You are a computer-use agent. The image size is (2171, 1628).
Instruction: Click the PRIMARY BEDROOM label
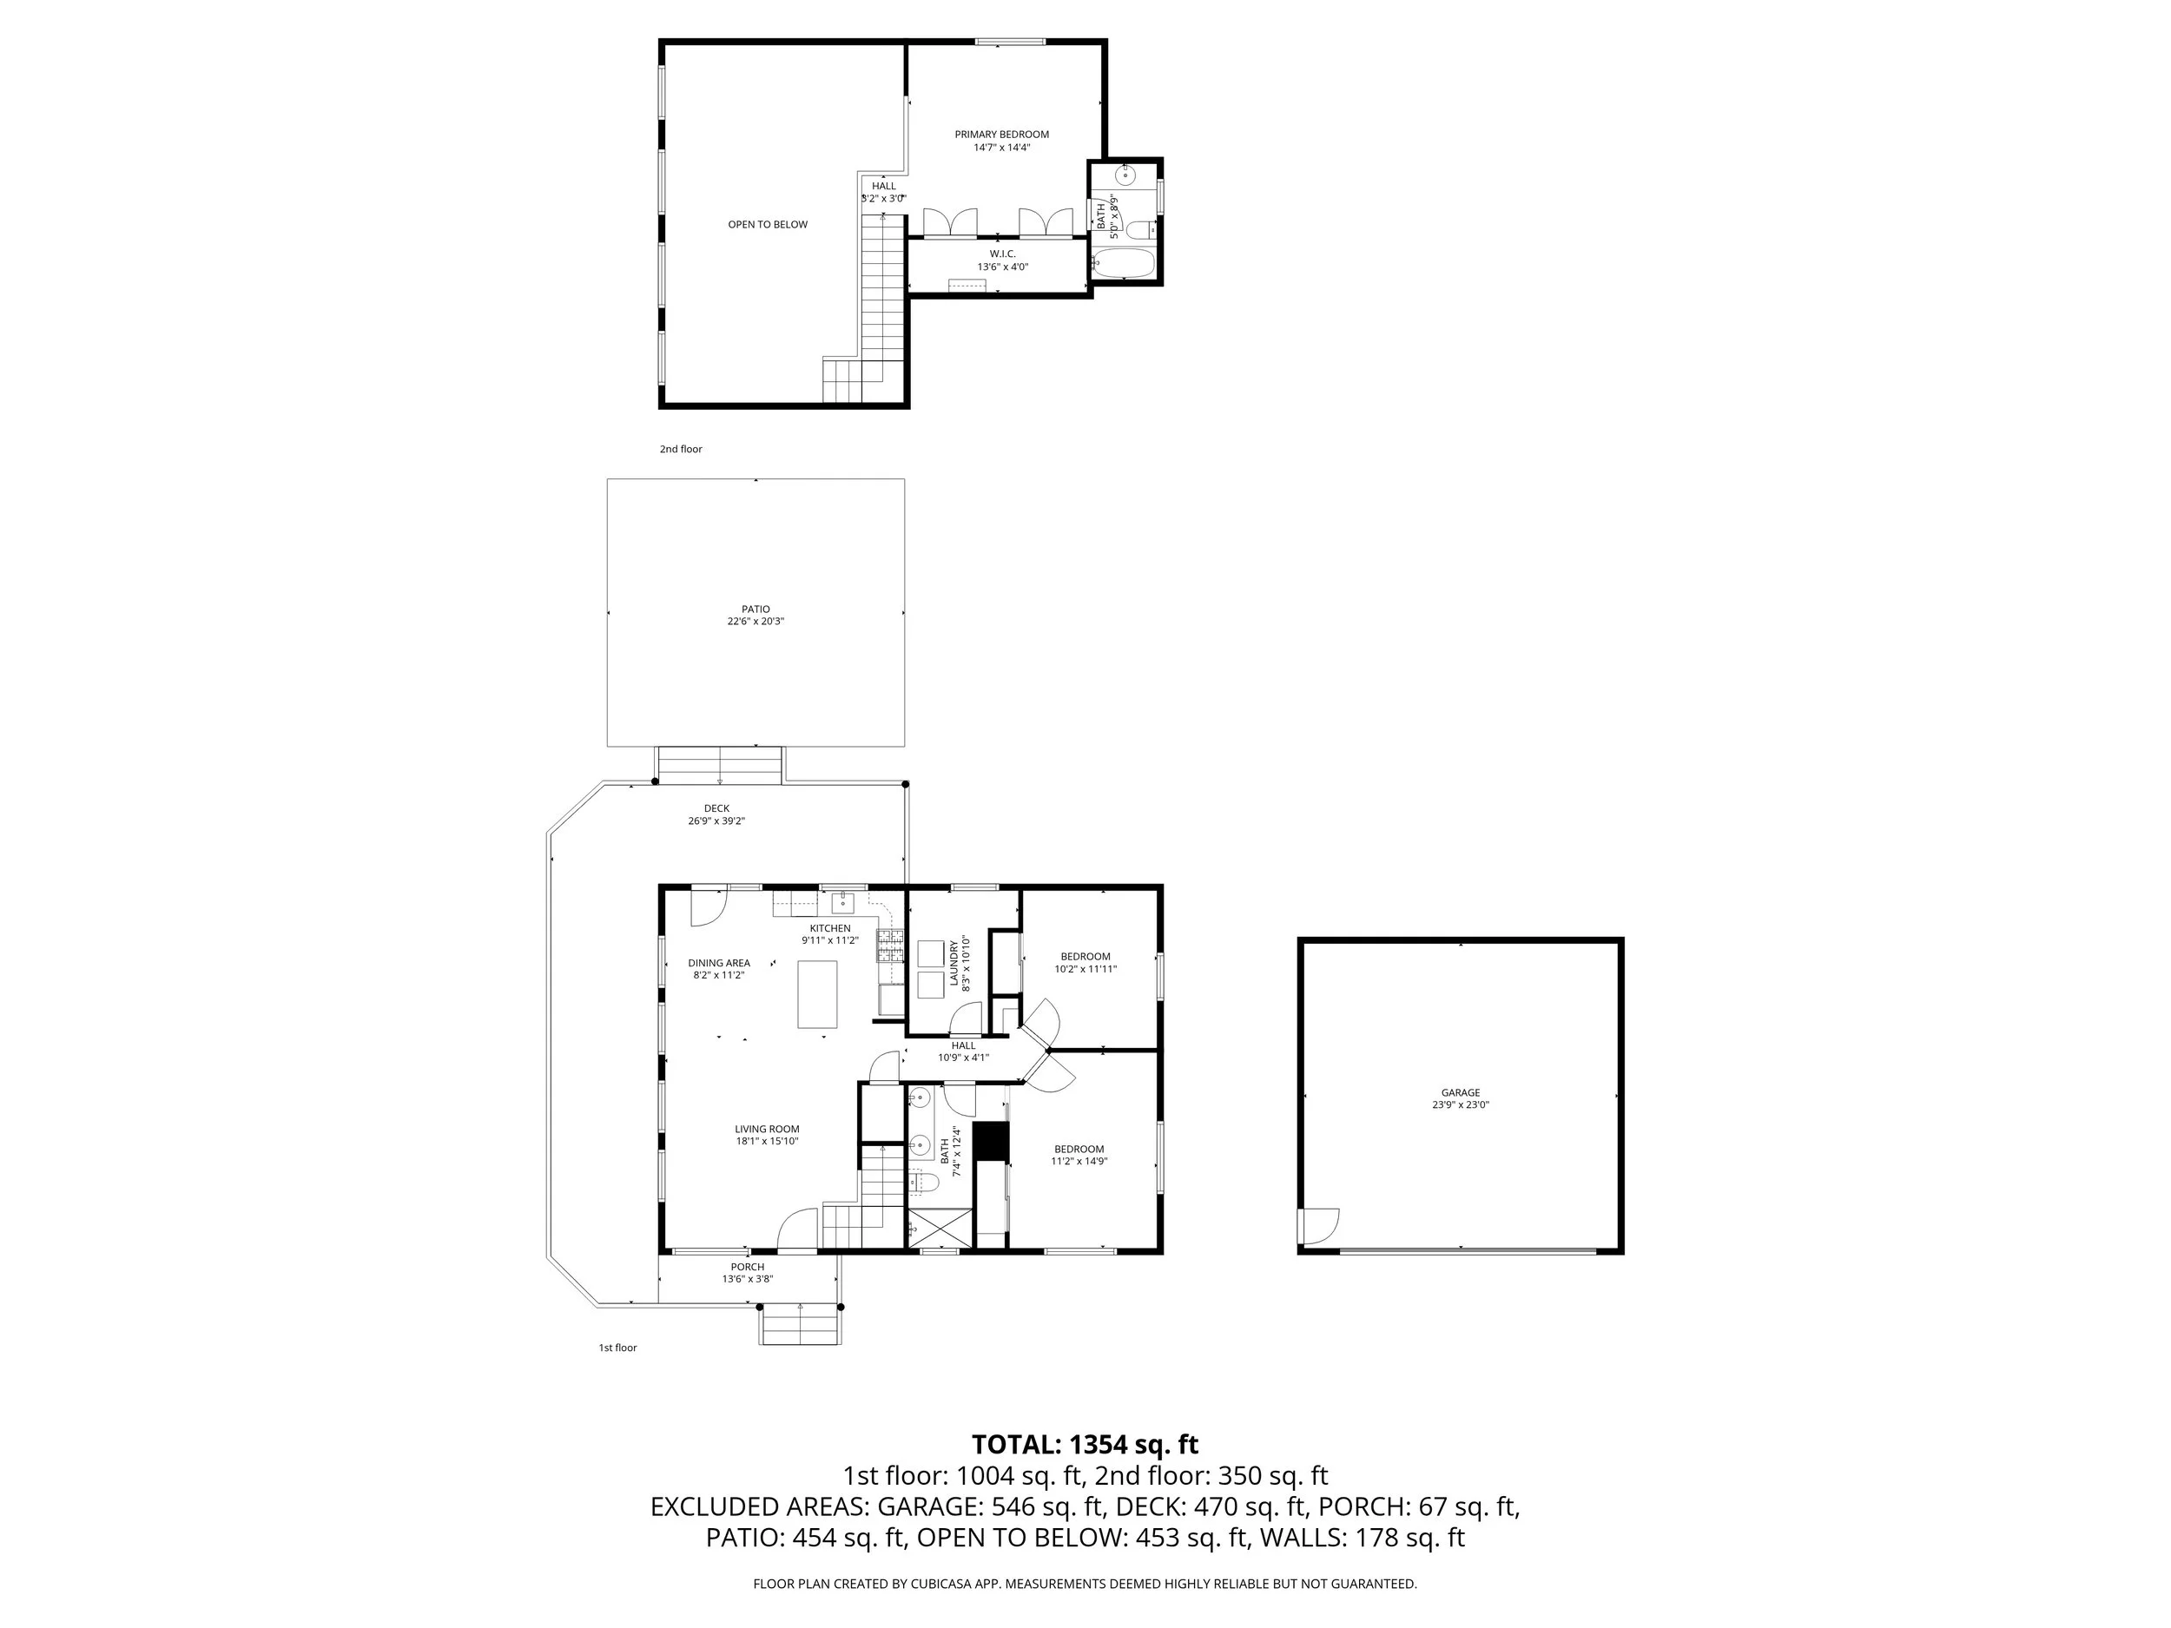[x=1001, y=135]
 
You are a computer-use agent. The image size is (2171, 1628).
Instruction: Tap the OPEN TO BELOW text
[x=768, y=225]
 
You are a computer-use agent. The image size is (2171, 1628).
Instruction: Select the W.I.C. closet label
[x=1002, y=254]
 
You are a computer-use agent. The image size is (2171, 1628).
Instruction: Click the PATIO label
[x=756, y=610]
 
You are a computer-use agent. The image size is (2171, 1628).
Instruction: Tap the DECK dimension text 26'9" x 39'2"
[x=716, y=821]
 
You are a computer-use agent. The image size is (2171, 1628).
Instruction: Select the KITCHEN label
[x=830, y=928]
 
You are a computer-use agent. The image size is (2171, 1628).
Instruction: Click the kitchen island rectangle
[x=816, y=994]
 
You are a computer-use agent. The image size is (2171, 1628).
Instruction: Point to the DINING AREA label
[x=719, y=963]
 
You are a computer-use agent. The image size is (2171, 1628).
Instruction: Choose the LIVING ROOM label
[x=768, y=1130]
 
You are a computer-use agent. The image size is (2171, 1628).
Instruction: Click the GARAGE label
[x=1461, y=1092]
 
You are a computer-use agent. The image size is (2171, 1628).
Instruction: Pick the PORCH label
[x=747, y=1267]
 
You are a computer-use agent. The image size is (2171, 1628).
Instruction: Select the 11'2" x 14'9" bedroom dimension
[x=1079, y=1161]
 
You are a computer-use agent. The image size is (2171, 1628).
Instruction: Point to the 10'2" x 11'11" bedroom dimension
[x=1085, y=969]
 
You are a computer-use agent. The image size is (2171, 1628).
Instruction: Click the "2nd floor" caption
[x=681, y=450]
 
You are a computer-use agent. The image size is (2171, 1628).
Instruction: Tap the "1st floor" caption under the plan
[x=618, y=1348]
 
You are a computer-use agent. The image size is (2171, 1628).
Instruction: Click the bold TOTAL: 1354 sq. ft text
[x=1085, y=1445]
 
